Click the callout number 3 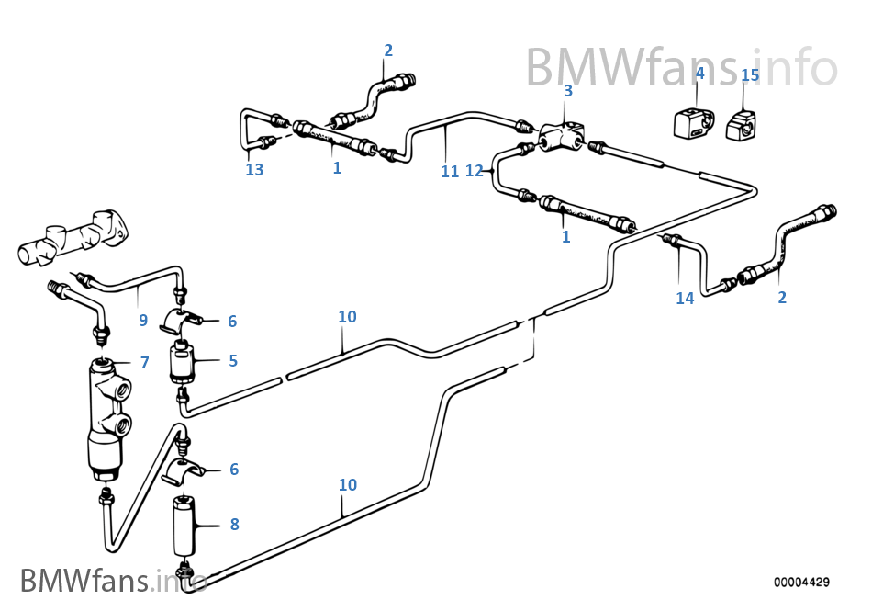568,90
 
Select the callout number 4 699,73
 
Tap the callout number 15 750,74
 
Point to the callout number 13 254,170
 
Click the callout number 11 449,171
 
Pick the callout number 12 474,170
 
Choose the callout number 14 685,298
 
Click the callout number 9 142,321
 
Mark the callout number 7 144,363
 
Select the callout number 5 233,361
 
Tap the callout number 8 234,525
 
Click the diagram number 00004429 801,582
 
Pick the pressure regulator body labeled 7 106,409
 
